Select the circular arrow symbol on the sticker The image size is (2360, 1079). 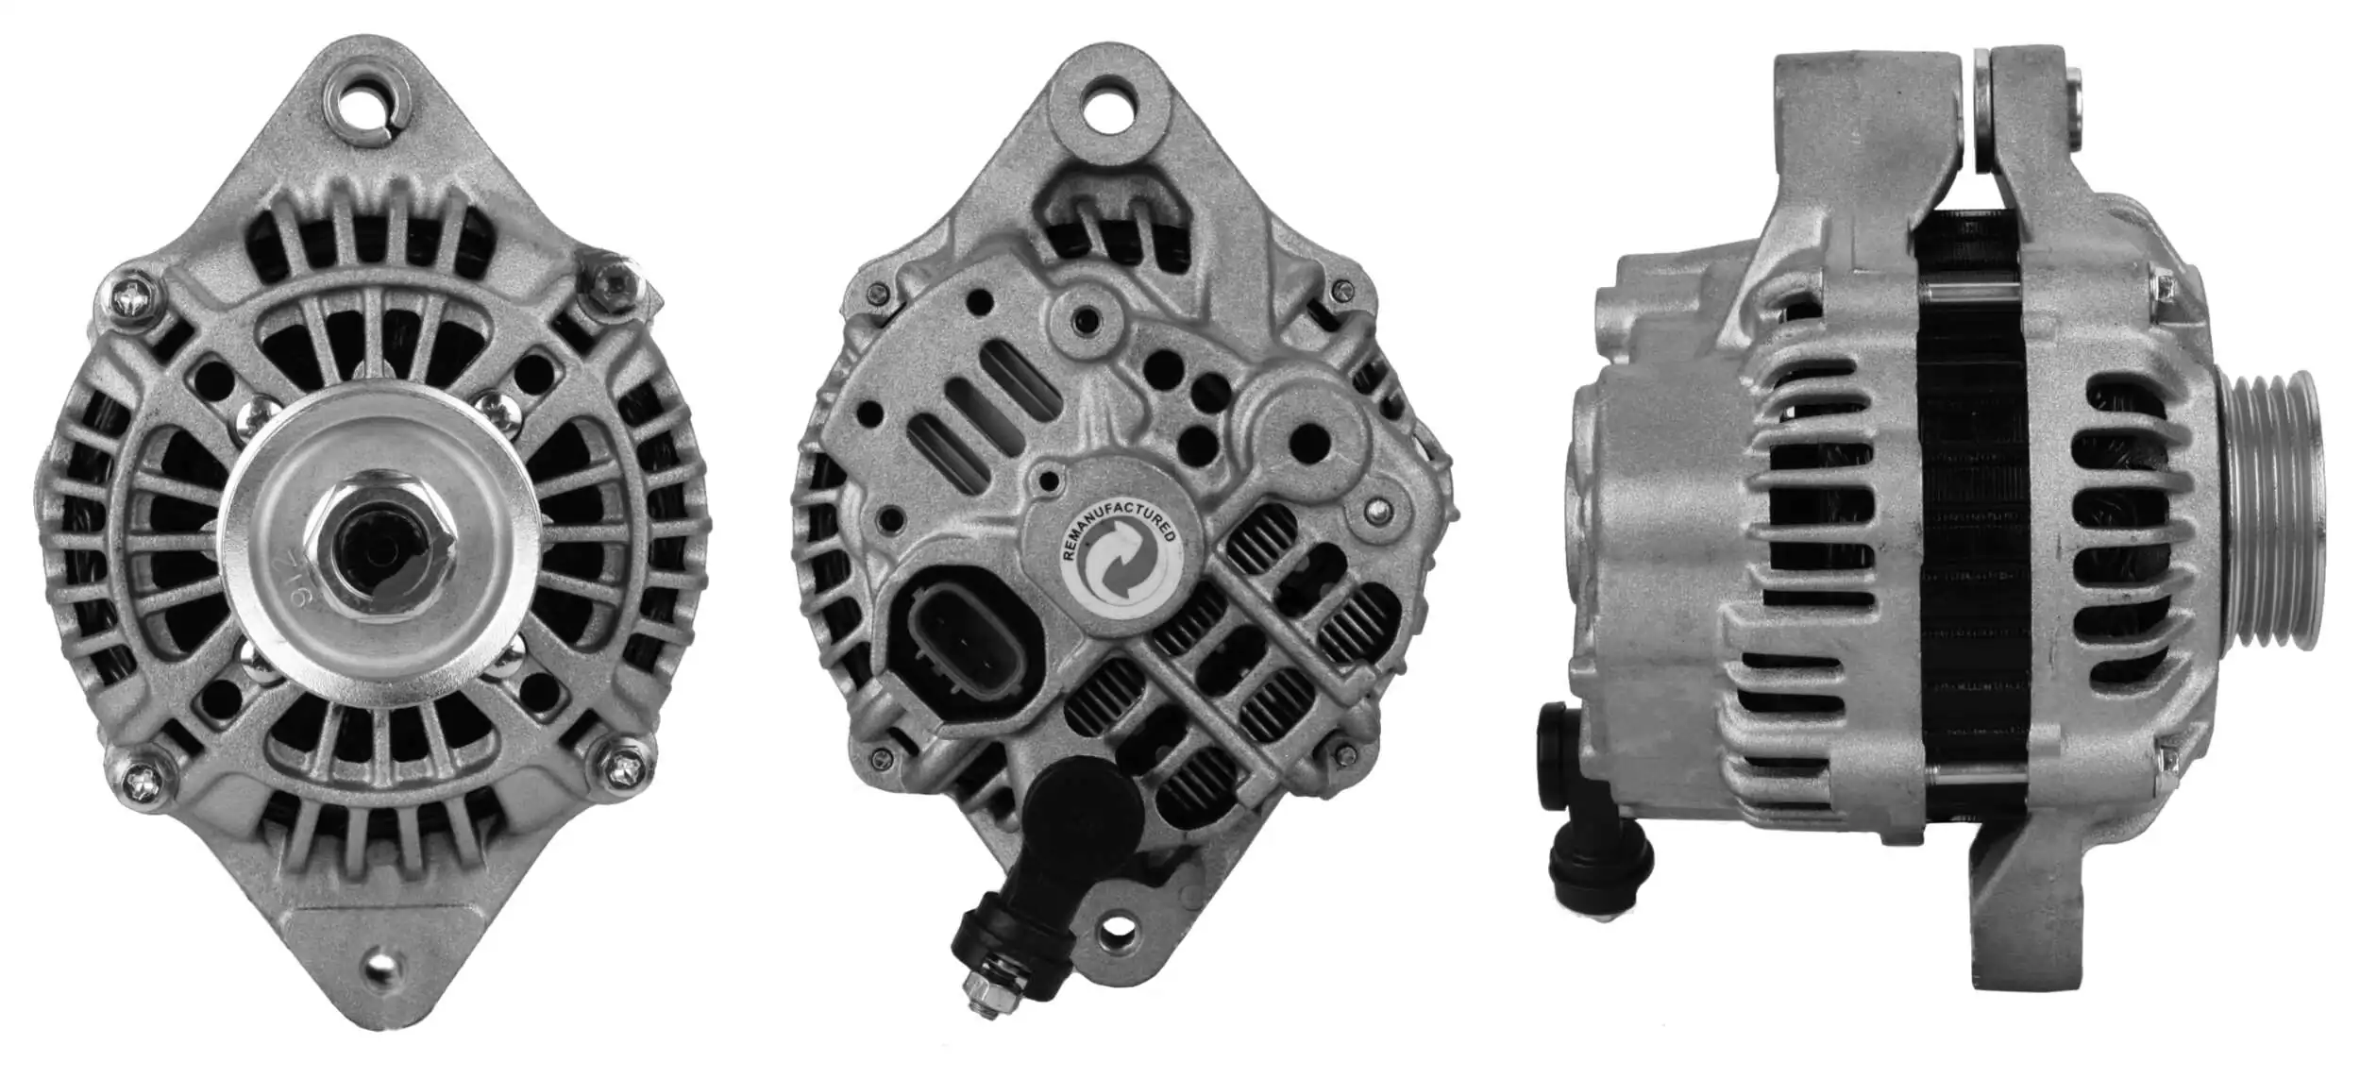coord(1119,566)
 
